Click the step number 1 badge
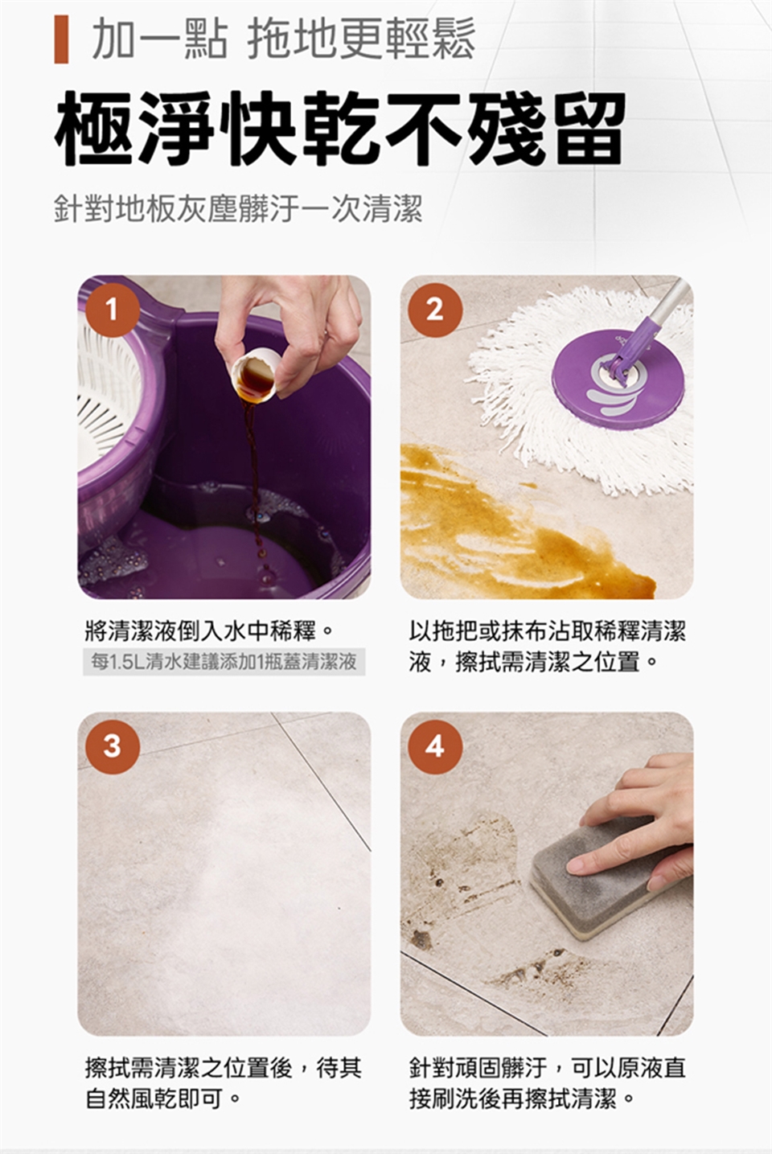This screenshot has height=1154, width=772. [113, 310]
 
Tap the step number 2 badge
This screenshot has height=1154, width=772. [435, 310]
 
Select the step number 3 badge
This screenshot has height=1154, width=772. [113, 746]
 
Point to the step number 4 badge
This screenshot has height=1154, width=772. [435, 746]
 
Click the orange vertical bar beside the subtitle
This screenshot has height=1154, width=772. [61, 39]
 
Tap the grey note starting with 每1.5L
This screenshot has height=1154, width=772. [224, 662]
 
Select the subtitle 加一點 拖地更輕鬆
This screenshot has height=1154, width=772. [283, 39]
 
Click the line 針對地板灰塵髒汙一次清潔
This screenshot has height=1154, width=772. [238, 208]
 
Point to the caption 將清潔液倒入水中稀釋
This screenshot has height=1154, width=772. [208, 630]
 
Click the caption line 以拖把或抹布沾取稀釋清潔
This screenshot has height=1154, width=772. [548, 630]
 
